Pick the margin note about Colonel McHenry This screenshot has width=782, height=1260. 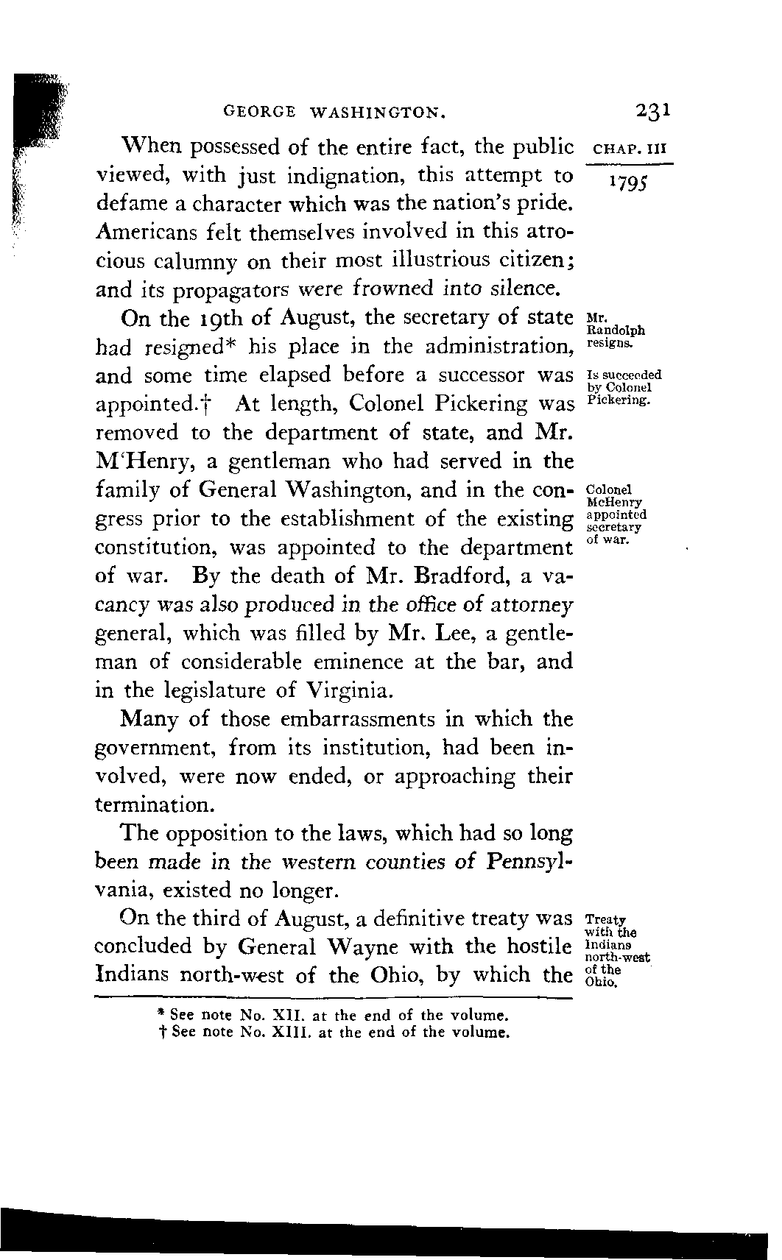click(x=617, y=514)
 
